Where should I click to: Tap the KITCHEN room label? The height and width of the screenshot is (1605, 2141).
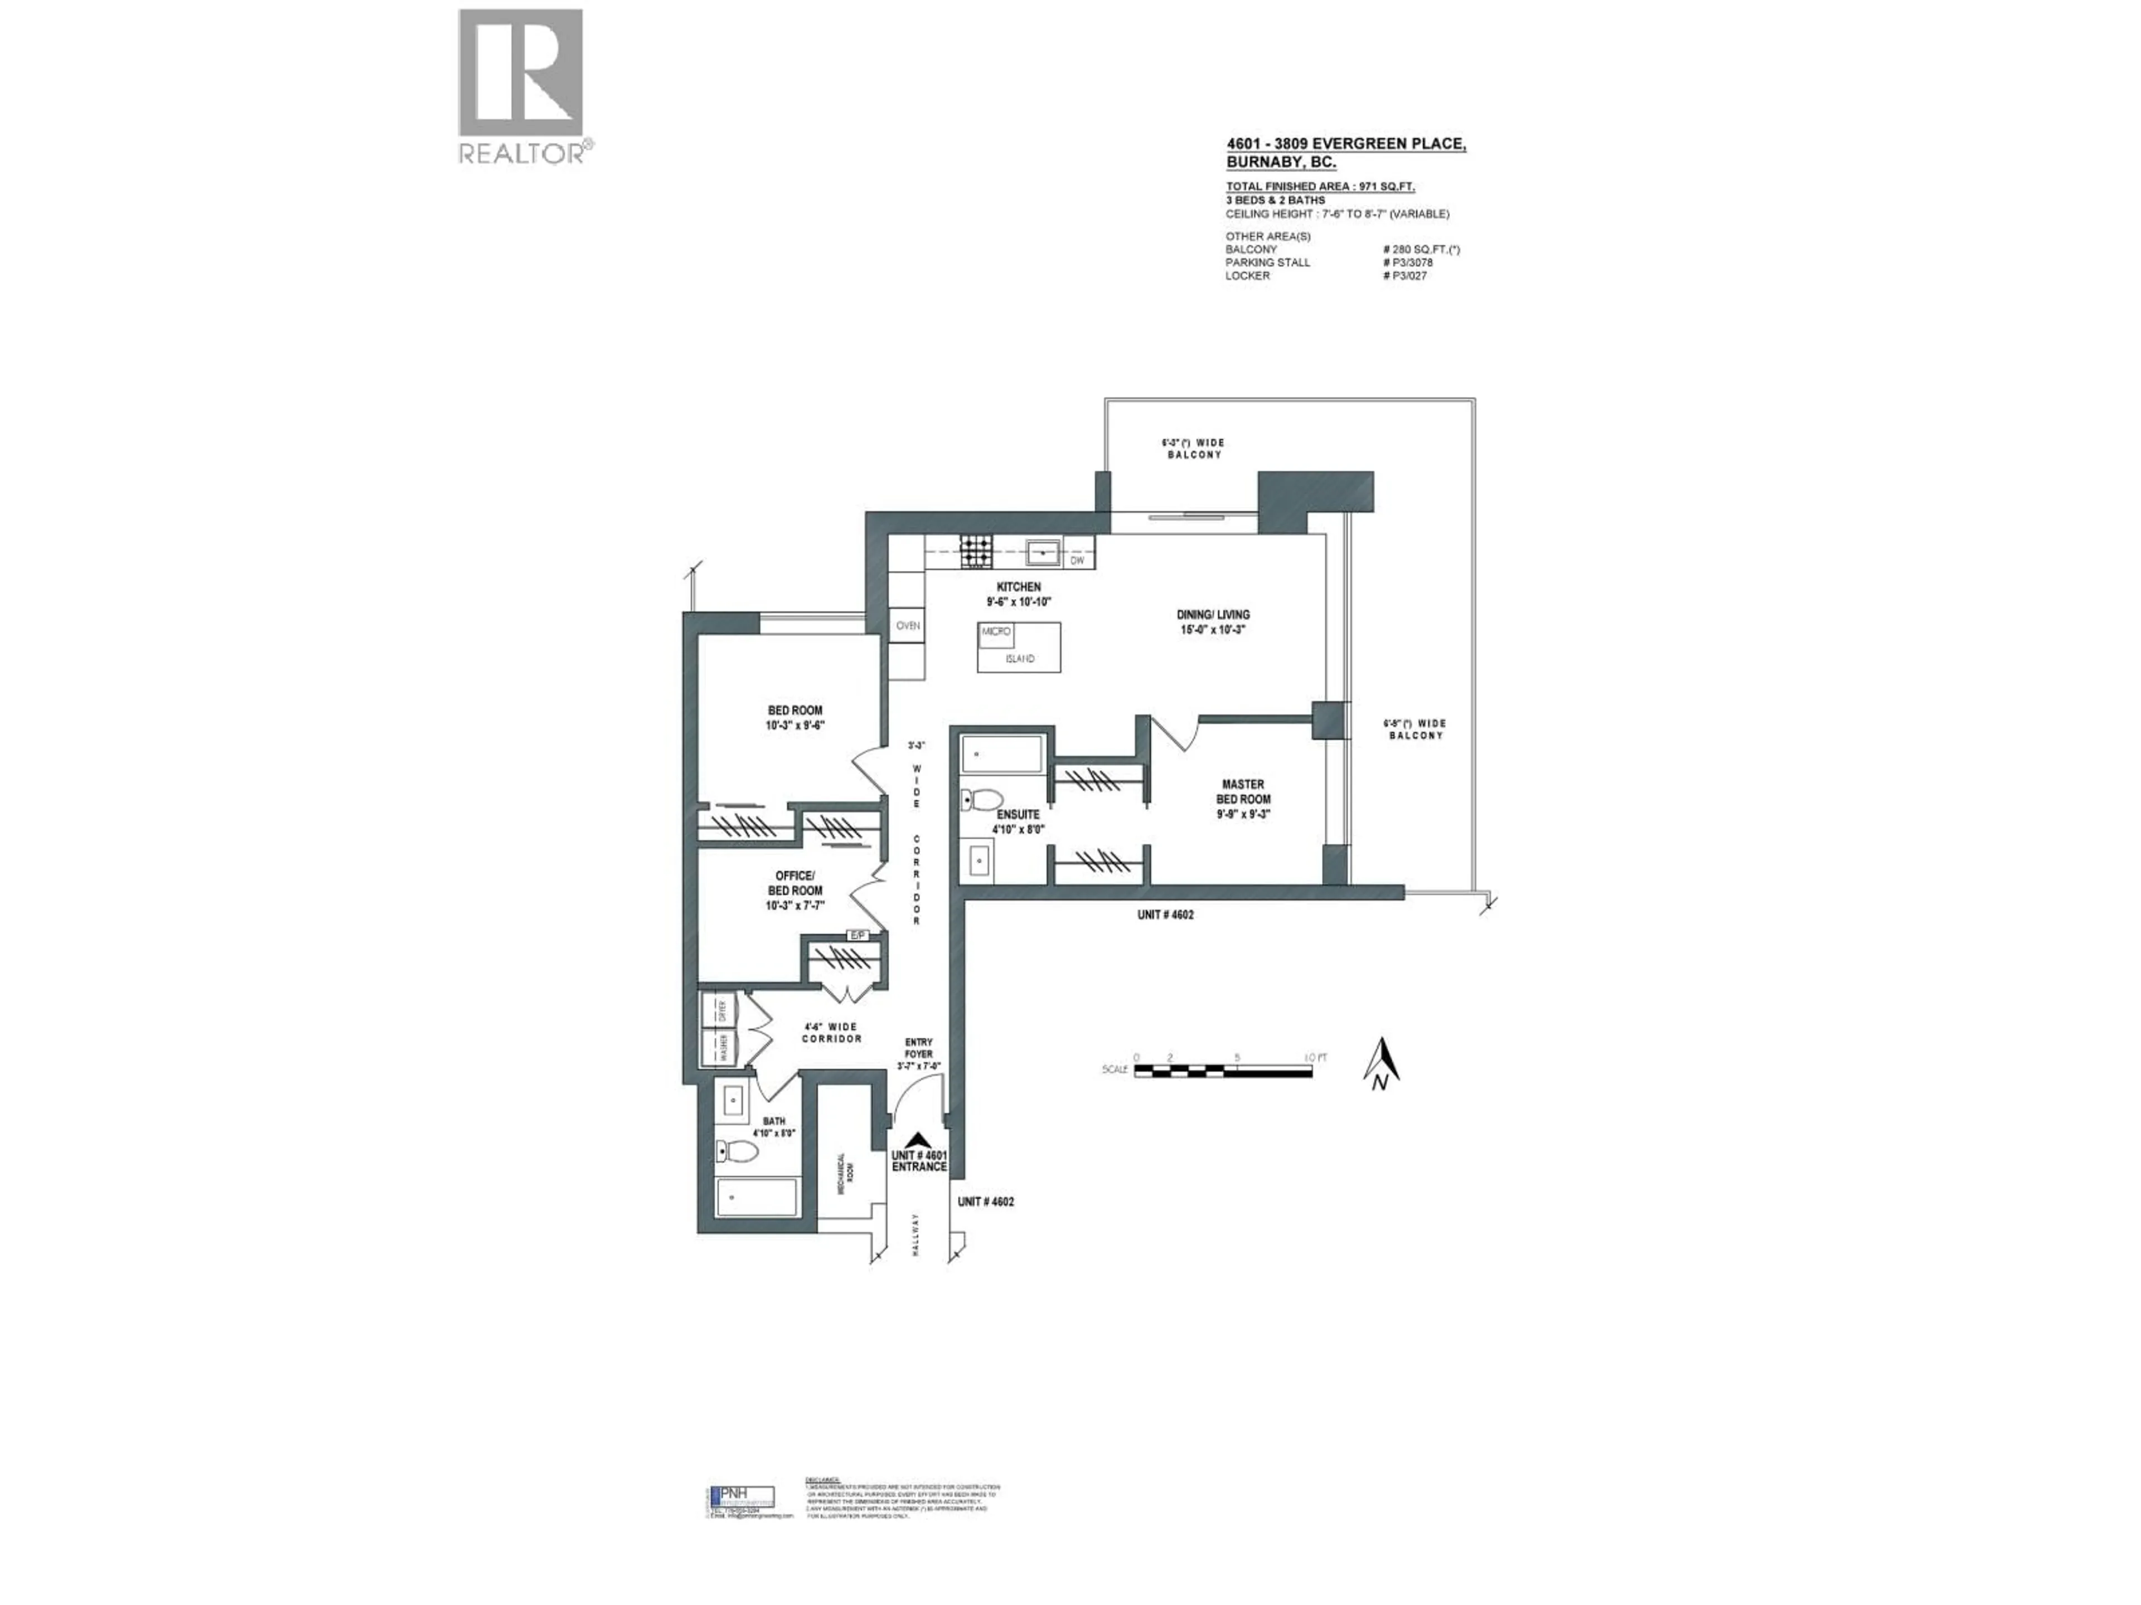click(x=1018, y=587)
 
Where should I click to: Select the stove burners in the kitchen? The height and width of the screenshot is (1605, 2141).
click(x=976, y=552)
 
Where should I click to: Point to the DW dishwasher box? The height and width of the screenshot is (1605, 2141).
click(x=1077, y=560)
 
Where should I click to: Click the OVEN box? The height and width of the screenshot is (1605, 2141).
click(x=907, y=626)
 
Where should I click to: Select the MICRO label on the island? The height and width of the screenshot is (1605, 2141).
click(x=996, y=632)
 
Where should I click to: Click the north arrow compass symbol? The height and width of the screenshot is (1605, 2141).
click(x=1384, y=1062)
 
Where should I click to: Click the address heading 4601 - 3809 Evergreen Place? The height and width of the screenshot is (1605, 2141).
click(x=1345, y=145)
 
